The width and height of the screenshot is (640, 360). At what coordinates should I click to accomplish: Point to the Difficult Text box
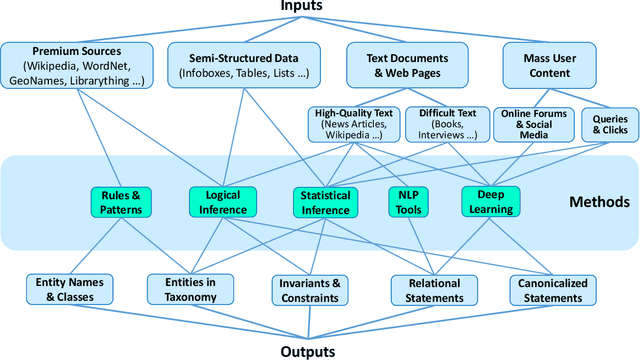[445, 124]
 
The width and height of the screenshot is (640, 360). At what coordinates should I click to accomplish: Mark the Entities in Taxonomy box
[189, 289]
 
